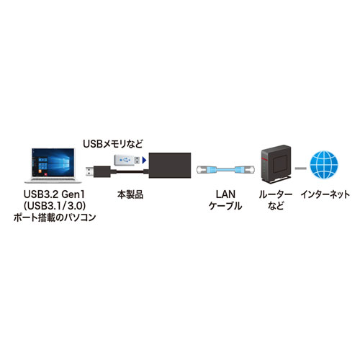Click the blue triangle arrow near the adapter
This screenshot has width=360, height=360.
point(145,160)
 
